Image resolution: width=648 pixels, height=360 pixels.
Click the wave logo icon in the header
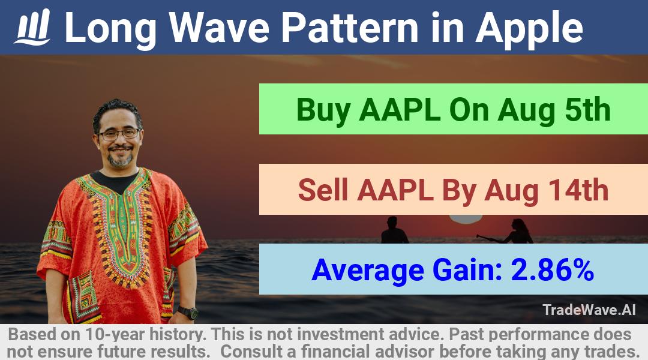point(32,27)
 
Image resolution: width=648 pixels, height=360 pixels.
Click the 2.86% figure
point(553,270)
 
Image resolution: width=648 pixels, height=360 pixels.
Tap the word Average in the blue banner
point(368,270)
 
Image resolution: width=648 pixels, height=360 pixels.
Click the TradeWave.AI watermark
point(589,310)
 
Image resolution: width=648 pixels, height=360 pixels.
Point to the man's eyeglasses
point(119,134)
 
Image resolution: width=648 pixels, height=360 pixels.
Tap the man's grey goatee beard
point(120,159)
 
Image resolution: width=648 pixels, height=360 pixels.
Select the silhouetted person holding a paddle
point(512,232)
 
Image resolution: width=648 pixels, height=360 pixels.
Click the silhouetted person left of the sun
point(394,230)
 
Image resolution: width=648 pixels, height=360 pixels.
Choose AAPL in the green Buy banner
point(400,110)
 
